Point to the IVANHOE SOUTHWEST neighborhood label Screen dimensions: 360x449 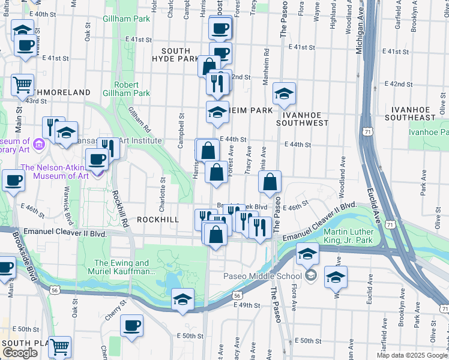pos(303,118)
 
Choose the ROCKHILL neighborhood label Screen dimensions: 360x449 pos(158,220)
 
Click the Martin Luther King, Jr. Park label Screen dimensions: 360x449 pos(348,236)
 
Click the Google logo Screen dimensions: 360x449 pos(20,353)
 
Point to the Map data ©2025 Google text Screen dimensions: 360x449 pos(412,356)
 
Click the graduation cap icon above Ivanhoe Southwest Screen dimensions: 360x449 pos(284,92)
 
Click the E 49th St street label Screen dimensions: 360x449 pos(247,305)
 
